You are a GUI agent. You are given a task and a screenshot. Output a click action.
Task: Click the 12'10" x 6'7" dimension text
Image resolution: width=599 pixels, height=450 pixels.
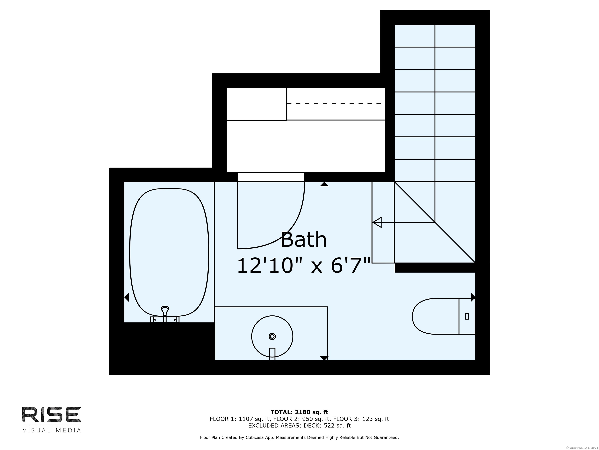(x=304, y=266)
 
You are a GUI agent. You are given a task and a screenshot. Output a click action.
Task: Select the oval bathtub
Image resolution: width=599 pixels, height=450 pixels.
(x=169, y=253)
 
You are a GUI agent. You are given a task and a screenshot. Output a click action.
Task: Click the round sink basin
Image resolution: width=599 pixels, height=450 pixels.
(x=272, y=336)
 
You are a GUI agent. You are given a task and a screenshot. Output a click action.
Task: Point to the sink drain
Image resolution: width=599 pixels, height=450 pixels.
(x=272, y=336)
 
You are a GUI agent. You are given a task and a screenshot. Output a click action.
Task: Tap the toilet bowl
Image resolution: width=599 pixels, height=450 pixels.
(x=435, y=316)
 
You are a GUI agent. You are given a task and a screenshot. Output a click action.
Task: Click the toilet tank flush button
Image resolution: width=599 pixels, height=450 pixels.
(x=467, y=316)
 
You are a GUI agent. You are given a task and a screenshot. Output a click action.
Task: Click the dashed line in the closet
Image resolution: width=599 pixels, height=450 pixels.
(x=334, y=103)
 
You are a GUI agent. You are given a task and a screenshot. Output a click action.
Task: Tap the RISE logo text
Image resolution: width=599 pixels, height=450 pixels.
(x=51, y=414)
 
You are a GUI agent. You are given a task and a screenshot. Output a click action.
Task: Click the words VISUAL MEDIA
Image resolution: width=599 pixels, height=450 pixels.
(x=52, y=430)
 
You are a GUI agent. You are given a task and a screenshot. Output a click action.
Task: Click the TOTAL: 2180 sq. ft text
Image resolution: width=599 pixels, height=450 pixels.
(x=299, y=412)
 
